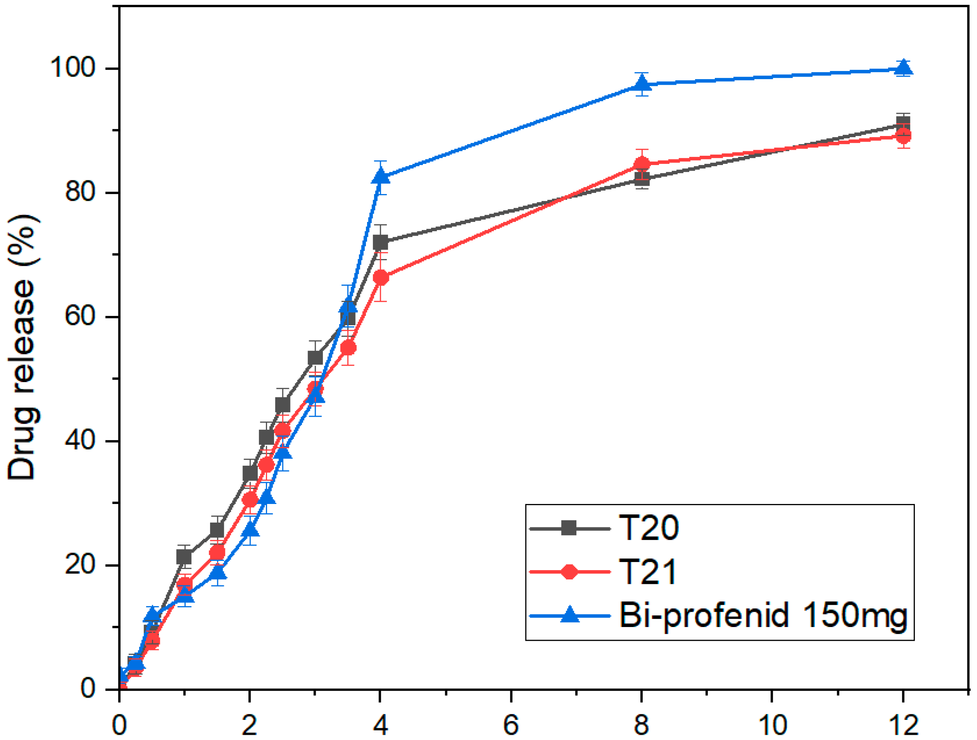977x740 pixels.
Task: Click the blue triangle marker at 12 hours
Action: (904, 68)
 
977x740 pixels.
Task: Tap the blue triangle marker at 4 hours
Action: (380, 177)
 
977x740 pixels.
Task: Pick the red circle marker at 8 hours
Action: (642, 165)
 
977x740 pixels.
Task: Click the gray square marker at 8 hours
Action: (642, 179)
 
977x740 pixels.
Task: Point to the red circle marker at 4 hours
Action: (381, 278)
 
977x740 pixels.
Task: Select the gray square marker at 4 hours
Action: (380, 243)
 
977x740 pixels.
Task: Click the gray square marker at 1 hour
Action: (184, 557)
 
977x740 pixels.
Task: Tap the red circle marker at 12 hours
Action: (904, 136)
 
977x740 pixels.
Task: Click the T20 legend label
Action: (648, 528)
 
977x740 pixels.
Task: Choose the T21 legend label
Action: (647, 572)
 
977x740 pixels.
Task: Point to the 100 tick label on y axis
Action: (73, 68)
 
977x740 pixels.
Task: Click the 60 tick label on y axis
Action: (80, 317)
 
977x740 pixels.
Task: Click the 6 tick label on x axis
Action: (511, 724)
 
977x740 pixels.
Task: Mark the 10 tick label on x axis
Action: (772, 724)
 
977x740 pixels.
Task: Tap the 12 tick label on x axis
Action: (903, 724)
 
